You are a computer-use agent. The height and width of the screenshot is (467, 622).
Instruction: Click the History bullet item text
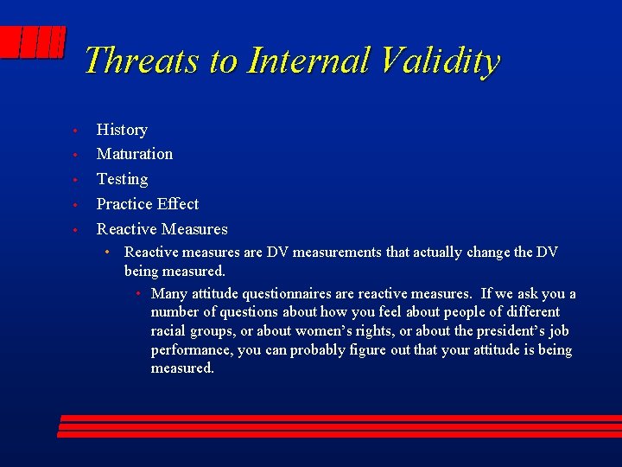tap(122, 130)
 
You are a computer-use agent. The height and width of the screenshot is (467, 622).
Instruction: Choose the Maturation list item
tap(135, 154)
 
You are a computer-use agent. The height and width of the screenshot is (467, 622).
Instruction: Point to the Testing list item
tap(122, 179)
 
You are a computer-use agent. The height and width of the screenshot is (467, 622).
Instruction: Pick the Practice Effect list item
tap(148, 204)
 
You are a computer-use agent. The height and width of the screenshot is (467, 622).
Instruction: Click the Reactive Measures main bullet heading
tap(162, 229)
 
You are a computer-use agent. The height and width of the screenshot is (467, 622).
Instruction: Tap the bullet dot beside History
tap(76, 131)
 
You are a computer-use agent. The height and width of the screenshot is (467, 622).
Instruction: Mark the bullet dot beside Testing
tap(76, 181)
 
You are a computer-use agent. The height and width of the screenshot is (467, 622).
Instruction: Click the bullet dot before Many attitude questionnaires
tap(138, 294)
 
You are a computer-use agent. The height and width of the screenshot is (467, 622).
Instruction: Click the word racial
tap(171, 331)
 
